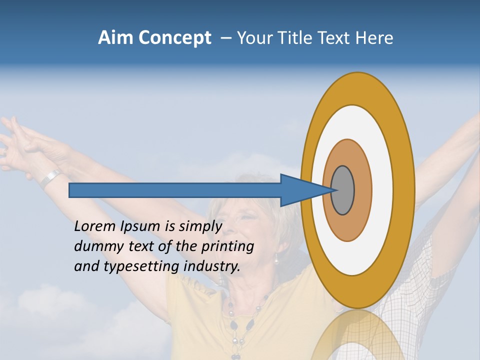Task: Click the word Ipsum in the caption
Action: coord(140,226)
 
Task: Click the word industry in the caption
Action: coord(212,266)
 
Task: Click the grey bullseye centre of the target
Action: coord(343,190)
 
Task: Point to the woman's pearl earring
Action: coord(275,259)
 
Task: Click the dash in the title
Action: coord(226,38)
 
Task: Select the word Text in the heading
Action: coord(333,38)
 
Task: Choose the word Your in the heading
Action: coord(253,38)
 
